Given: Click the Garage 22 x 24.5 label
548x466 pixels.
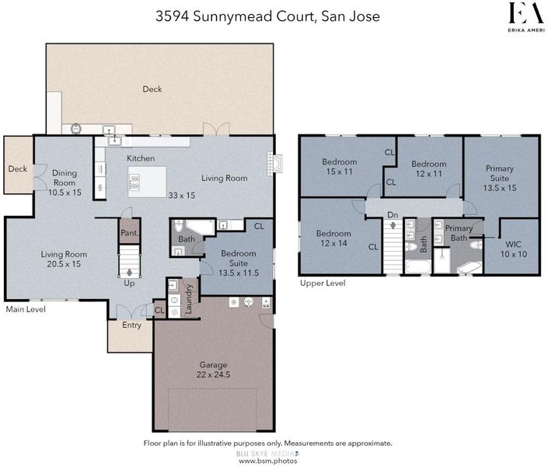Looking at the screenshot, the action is click(213, 370).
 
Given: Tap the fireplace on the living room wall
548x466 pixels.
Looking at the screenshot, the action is click(275, 163).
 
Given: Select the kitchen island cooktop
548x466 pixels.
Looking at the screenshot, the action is click(134, 182).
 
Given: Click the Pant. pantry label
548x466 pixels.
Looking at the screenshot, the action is click(130, 233).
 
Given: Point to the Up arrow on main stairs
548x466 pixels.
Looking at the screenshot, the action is click(130, 272).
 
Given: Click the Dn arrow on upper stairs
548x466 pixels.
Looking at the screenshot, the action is click(393, 225).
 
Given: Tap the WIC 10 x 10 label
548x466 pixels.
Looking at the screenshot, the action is click(513, 249).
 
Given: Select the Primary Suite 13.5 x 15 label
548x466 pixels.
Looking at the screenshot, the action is click(500, 178).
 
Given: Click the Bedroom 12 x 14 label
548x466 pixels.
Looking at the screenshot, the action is click(333, 238).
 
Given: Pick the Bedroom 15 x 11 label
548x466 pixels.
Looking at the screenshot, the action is click(340, 167).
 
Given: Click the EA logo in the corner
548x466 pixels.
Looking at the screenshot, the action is click(526, 17).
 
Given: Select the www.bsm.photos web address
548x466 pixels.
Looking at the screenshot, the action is click(267, 461).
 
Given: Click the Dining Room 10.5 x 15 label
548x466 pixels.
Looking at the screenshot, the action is click(65, 183).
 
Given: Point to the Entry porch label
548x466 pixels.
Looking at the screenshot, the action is click(132, 325).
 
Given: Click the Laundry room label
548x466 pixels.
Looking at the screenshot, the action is click(189, 299).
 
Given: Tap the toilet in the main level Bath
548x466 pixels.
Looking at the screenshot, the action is click(179, 225).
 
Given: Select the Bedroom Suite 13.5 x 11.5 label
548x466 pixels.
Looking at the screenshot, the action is click(239, 263).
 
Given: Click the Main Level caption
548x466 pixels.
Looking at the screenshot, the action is click(26, 309).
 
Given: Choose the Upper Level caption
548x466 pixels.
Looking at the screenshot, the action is click(323, 283).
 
